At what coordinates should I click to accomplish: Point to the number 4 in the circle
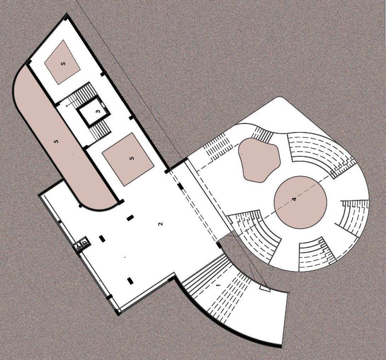click(294, 199)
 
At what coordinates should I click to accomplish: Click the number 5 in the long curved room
click(56, 142)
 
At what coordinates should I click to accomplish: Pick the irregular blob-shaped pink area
click(258, 159)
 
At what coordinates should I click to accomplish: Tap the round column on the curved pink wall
click(81, 206)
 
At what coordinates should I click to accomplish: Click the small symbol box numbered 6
click(84, 242)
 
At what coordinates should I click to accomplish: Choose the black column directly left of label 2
click(130, 218)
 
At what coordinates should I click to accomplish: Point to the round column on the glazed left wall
click(59, 222)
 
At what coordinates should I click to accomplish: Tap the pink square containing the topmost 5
click(63, 62)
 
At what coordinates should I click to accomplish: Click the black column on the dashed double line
click(180, 186)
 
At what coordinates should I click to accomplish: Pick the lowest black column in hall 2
click(130, 281)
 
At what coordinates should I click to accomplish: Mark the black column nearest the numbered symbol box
click(102, 239)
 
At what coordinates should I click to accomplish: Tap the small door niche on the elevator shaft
click(103, 104)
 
